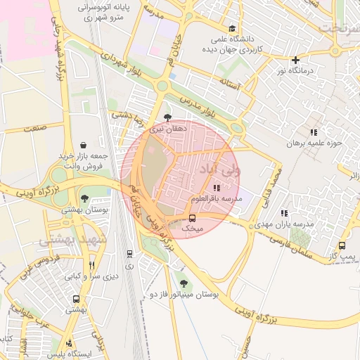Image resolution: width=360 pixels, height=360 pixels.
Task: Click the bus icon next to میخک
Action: point(193,218)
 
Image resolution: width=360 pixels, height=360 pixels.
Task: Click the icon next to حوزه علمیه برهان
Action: point(314,131)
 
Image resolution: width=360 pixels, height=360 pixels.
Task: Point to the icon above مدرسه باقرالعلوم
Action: point(216,188)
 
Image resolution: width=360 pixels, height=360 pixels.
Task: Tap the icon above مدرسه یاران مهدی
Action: point(284,212)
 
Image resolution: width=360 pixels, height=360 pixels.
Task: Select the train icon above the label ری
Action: point(129,254)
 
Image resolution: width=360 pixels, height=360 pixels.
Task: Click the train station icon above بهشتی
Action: point(77,298)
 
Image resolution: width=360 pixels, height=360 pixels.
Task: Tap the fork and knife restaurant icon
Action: point(91,266)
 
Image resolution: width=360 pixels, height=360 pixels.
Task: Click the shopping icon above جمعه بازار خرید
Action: point(84,144)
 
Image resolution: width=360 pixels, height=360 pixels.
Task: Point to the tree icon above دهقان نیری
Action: point(167,118)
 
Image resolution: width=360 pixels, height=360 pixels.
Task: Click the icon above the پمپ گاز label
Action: point(342,245)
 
